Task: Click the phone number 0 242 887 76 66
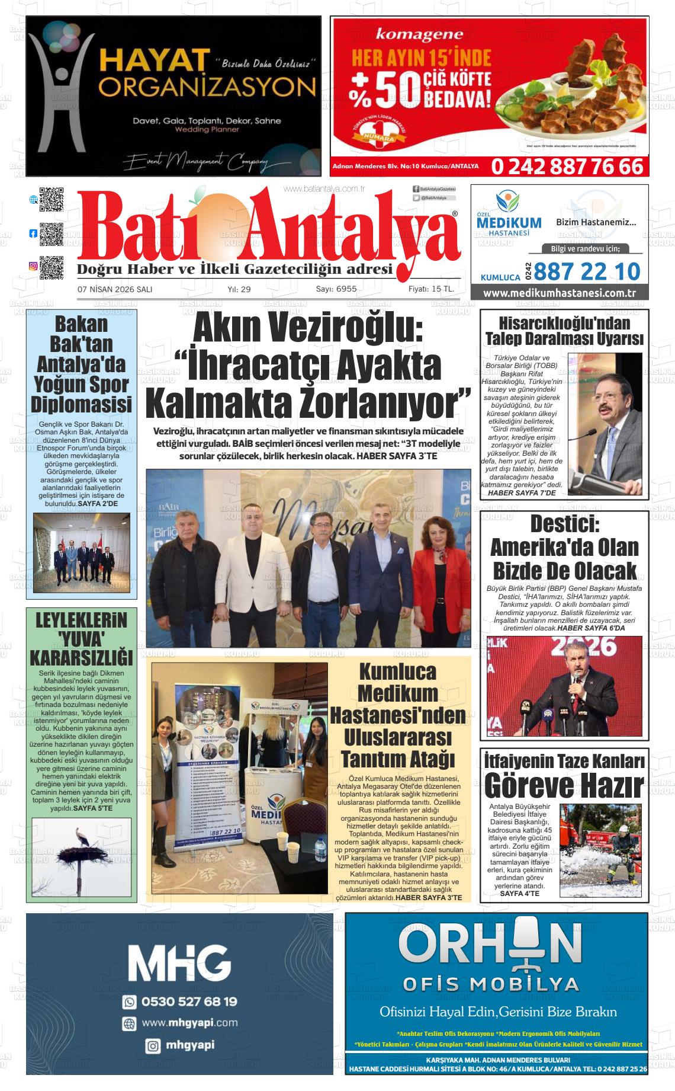pyautogui.click(x=566, y=167)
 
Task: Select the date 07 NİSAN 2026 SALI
pyautogui.click(x=115, y=289)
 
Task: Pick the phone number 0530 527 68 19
pyautogui.click(x=189, y=1001)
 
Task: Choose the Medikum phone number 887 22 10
pyautogui.click(x=587, y=271)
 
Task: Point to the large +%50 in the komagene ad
pyautogui.click(x=385, y=89)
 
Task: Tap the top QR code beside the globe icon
pyautogui.click(x=52, y=200)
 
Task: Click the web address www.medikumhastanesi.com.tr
pyautogui.click(x=559, y=293)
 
